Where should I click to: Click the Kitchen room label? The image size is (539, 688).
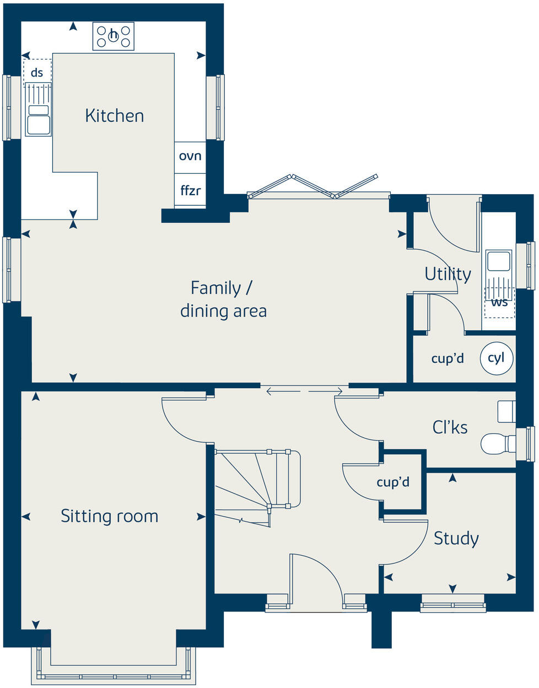(x=114, y=116)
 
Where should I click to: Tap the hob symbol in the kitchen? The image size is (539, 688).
(x=113, y=36)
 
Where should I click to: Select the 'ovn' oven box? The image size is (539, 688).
(x=190, y=156)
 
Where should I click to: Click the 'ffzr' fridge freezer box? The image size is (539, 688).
(x=190, y=191)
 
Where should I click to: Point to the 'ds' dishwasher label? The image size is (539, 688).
(x=37, y=72)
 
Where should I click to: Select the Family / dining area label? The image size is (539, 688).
(x=223, y=299)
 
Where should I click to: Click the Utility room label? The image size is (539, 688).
(x=448, y=273)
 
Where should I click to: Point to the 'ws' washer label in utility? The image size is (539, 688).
(x=499, y=303)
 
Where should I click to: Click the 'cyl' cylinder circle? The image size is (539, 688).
(x=496, y=358)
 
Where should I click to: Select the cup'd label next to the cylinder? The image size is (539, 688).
(x=447, y=359)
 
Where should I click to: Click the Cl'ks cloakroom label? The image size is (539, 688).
(x=450, y=427)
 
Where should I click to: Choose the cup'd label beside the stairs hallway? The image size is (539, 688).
(x=393, y=482)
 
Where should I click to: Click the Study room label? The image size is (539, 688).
(x=456, y=538)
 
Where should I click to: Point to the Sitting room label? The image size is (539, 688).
(x=109, y=516)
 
